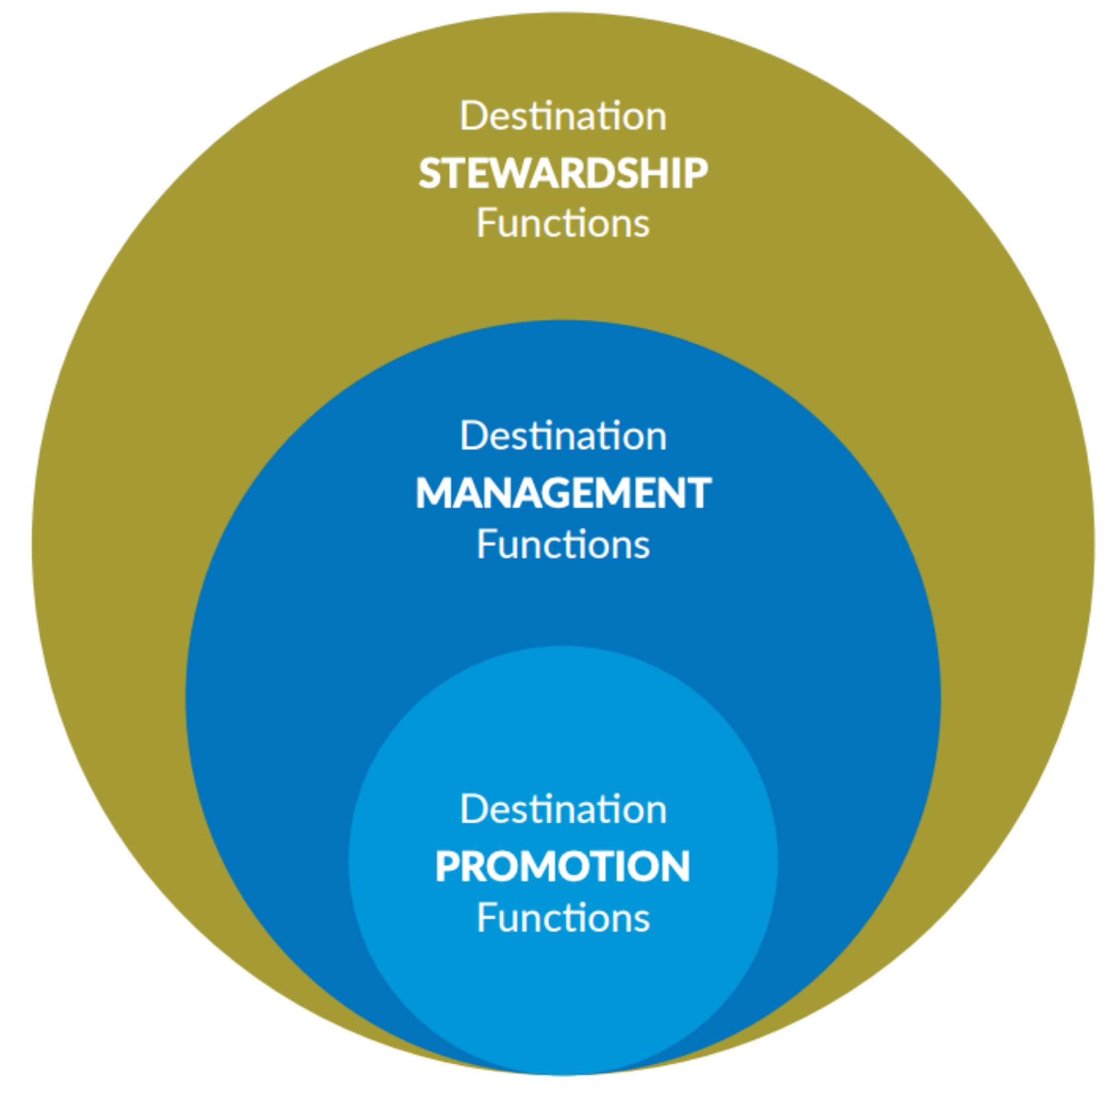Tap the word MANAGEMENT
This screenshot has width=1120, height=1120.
(563, 493)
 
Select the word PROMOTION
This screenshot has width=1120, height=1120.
(563, 867)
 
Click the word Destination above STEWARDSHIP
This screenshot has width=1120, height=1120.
(563, 116)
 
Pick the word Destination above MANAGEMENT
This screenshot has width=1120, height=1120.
(563, 435)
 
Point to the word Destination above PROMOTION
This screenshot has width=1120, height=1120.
(563, 809)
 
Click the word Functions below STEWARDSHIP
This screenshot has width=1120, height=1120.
(563, 223)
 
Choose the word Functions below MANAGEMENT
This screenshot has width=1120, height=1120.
(563, 544)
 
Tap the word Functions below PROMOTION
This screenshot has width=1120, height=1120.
(563, 918)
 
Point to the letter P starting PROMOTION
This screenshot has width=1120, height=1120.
(447, 867)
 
